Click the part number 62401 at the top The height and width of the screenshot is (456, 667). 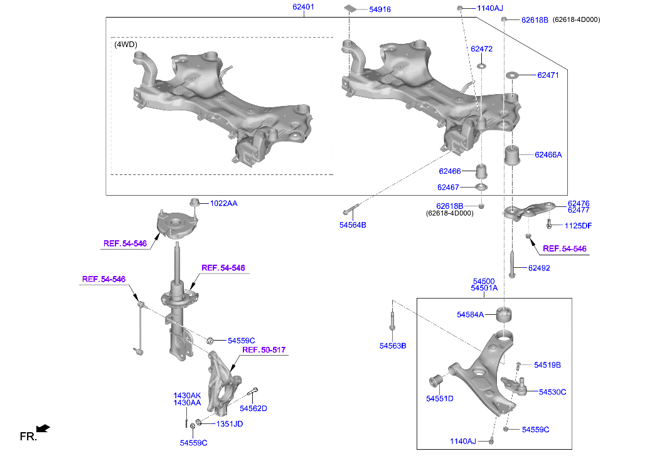point(303,7)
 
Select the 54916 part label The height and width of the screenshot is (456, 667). point(380,9)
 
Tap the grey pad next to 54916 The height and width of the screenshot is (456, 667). point(351,9)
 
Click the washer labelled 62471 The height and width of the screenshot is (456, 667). point(511,75)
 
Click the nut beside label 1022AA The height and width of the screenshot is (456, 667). point(195,203)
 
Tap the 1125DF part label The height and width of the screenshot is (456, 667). point(577,225)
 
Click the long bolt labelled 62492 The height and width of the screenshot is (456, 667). point(513,267)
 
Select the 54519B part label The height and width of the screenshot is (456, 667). point(547,364)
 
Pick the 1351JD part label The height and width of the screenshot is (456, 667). point(230,424)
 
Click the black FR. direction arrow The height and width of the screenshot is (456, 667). point(43,429)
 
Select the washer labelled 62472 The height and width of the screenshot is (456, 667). point(481,66)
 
